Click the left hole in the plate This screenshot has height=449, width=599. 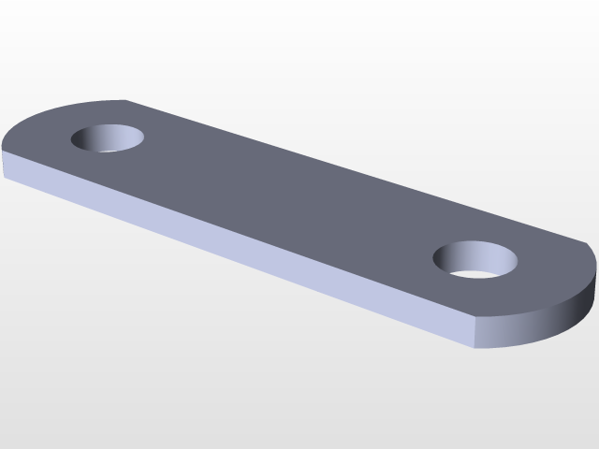pyautogui.click(x=109, y=138)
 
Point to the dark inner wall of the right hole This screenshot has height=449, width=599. pyautogui.click(x=473, y=252)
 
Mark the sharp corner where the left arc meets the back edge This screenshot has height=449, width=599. pyautogui.click(x=125, y=100)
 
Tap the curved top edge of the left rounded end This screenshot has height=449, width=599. pyautogui.click(x=47, y=114)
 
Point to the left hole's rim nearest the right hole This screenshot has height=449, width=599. pyautogui.click(x=143, y=140)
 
